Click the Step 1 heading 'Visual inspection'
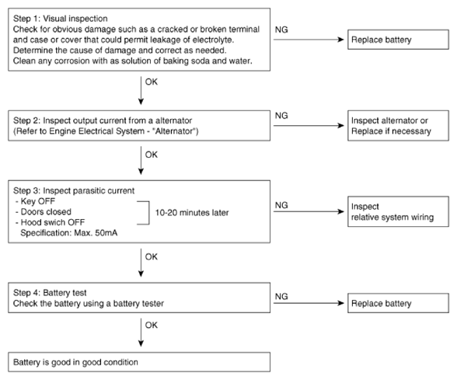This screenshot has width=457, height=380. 75,19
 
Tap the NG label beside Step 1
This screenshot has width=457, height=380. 281,30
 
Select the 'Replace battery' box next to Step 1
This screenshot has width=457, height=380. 398,40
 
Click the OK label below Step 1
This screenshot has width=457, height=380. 152,82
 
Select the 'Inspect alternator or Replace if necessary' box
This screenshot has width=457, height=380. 398,126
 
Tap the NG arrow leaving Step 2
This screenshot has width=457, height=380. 309,126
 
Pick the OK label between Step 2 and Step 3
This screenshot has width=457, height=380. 152,155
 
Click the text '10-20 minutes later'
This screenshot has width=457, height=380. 192,213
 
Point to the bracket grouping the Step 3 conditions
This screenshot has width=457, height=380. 149,213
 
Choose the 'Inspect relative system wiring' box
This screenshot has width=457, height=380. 398,211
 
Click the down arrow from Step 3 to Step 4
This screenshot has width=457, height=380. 141,263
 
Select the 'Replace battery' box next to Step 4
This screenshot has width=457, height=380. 398,303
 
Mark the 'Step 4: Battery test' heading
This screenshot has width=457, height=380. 50,293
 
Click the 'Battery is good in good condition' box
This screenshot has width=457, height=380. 139,362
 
